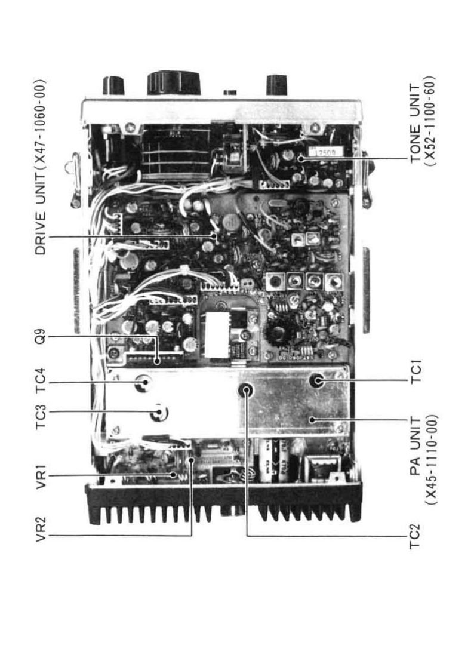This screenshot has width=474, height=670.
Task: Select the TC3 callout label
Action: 40,412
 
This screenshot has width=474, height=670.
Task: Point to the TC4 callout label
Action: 40,383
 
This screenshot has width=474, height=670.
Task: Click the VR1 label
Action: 40,475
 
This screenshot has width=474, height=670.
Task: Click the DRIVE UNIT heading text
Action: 40,167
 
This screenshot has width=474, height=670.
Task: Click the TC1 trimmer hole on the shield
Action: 317,380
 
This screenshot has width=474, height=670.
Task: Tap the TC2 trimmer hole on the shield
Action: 246,390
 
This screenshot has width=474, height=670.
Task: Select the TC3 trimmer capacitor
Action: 159,412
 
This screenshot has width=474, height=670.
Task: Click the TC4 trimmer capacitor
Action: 143,383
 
